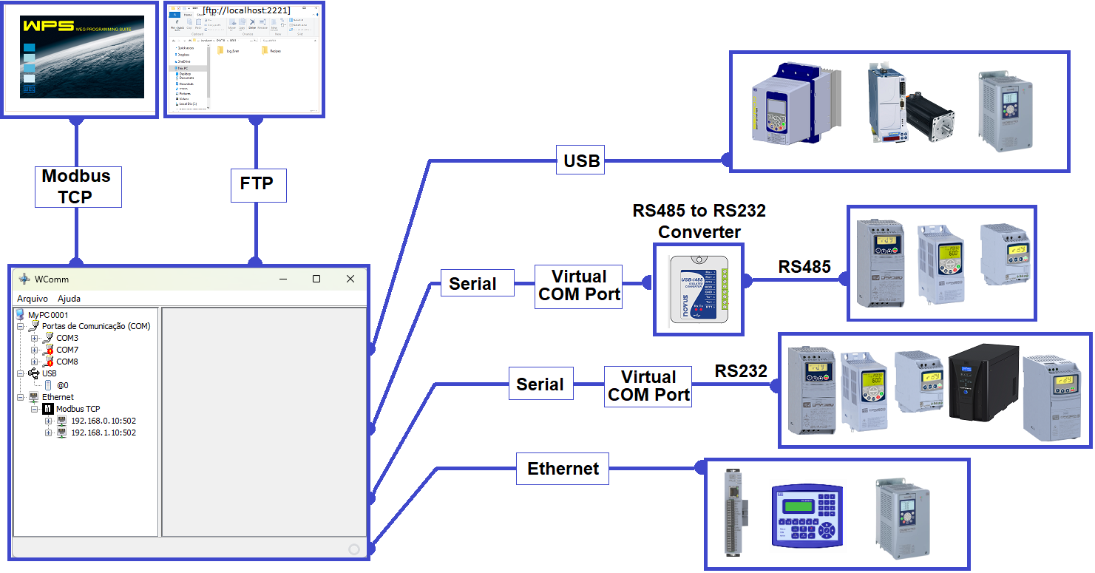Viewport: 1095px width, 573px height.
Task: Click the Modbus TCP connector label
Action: (78, 186)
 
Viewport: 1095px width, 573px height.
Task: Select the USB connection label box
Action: (580, 160)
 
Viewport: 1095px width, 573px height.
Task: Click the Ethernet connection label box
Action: (563, 469)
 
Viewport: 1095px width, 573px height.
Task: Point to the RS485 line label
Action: (804, 267)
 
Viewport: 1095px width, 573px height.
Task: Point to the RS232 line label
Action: (741, 370)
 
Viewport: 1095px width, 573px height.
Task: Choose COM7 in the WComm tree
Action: (67, 350)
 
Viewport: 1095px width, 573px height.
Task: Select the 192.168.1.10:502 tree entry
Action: (103, 433)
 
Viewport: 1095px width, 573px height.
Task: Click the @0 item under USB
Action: (63, 385)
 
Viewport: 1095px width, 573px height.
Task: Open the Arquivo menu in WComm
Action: (33, 299)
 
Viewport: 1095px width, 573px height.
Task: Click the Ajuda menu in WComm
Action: (70, 299)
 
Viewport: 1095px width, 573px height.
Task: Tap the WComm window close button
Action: (350, 279)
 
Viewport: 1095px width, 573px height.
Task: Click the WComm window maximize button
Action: (316, 279)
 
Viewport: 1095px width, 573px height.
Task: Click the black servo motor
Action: (930, 117)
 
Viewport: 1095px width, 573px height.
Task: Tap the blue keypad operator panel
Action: (806, 515)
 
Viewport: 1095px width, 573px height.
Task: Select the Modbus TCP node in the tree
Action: (78, 409)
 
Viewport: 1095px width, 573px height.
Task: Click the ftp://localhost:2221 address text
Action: (246, 10)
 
